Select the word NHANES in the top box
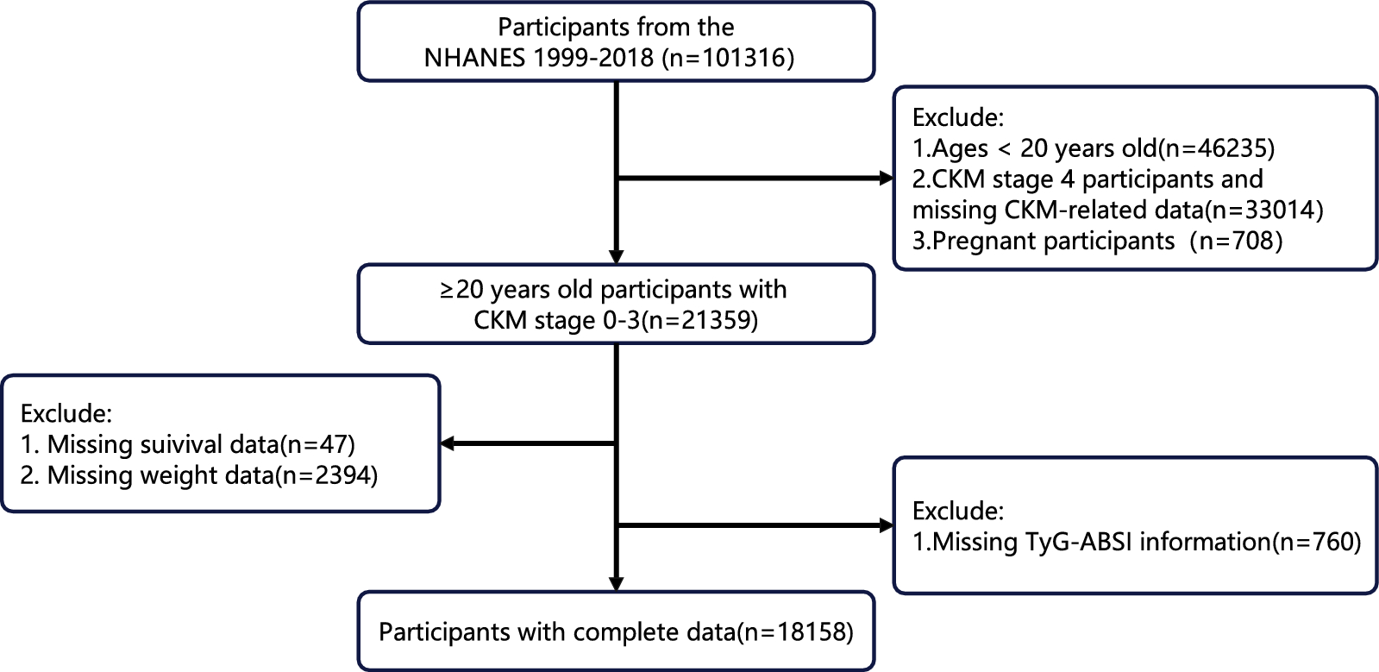pos(474,58)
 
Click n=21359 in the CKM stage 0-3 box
pos(701,321)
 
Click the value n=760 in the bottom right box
pos(1315,542)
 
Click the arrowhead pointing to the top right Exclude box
pos(886,179)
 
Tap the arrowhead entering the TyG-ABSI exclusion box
pos(886,525)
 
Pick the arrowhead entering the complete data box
pos(616,583)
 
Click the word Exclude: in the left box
pos(66,412)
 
